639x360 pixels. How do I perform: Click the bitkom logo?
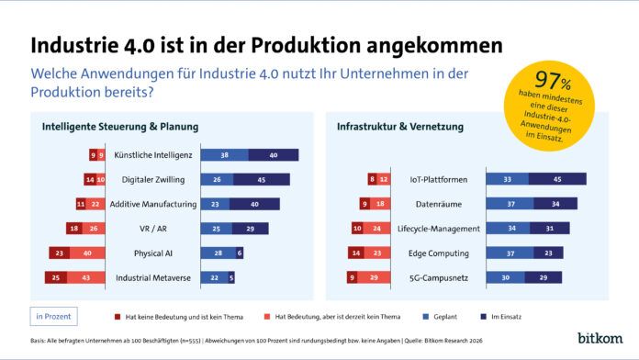pyautogui.click(x=600, y=338)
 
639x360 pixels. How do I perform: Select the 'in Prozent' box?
pyautogui.click(x=52, y=317)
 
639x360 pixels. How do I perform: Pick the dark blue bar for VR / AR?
pyautogui.click(x=250, y=228)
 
